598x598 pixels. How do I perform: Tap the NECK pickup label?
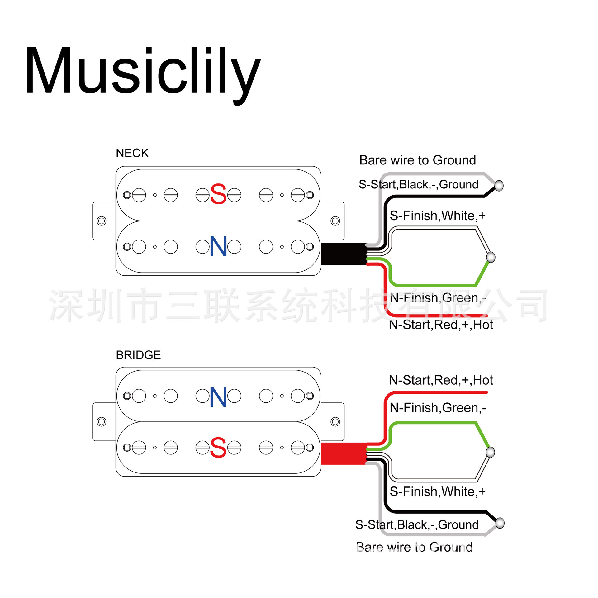[132, 153]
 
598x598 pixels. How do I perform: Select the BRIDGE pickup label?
[138, 355]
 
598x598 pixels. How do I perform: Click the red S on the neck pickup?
[218, 194]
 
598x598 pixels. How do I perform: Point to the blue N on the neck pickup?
[218, 246]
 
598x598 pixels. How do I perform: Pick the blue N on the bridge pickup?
[218, 397]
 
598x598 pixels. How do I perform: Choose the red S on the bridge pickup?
[218, 447]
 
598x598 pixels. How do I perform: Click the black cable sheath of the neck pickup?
[344, 254]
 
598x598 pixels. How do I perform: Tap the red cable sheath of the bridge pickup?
[344, 454]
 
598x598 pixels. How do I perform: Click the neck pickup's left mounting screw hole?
[102, 221]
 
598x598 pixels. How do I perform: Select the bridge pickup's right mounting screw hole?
[335, 422]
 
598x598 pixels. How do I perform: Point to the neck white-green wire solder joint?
[491, 257]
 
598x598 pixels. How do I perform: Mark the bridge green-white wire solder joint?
[490, 452]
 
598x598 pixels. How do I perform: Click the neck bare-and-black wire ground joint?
[499, 186]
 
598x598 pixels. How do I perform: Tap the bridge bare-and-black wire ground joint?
[500, 523]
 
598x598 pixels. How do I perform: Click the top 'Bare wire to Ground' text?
[417, 160]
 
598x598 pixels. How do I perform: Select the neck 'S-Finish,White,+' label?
[438, 216]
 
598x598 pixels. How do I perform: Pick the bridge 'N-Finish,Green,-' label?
[438, 408]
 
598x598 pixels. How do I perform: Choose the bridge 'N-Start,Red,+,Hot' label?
[441, 380]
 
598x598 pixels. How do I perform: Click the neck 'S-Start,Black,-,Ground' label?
[419, 184]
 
